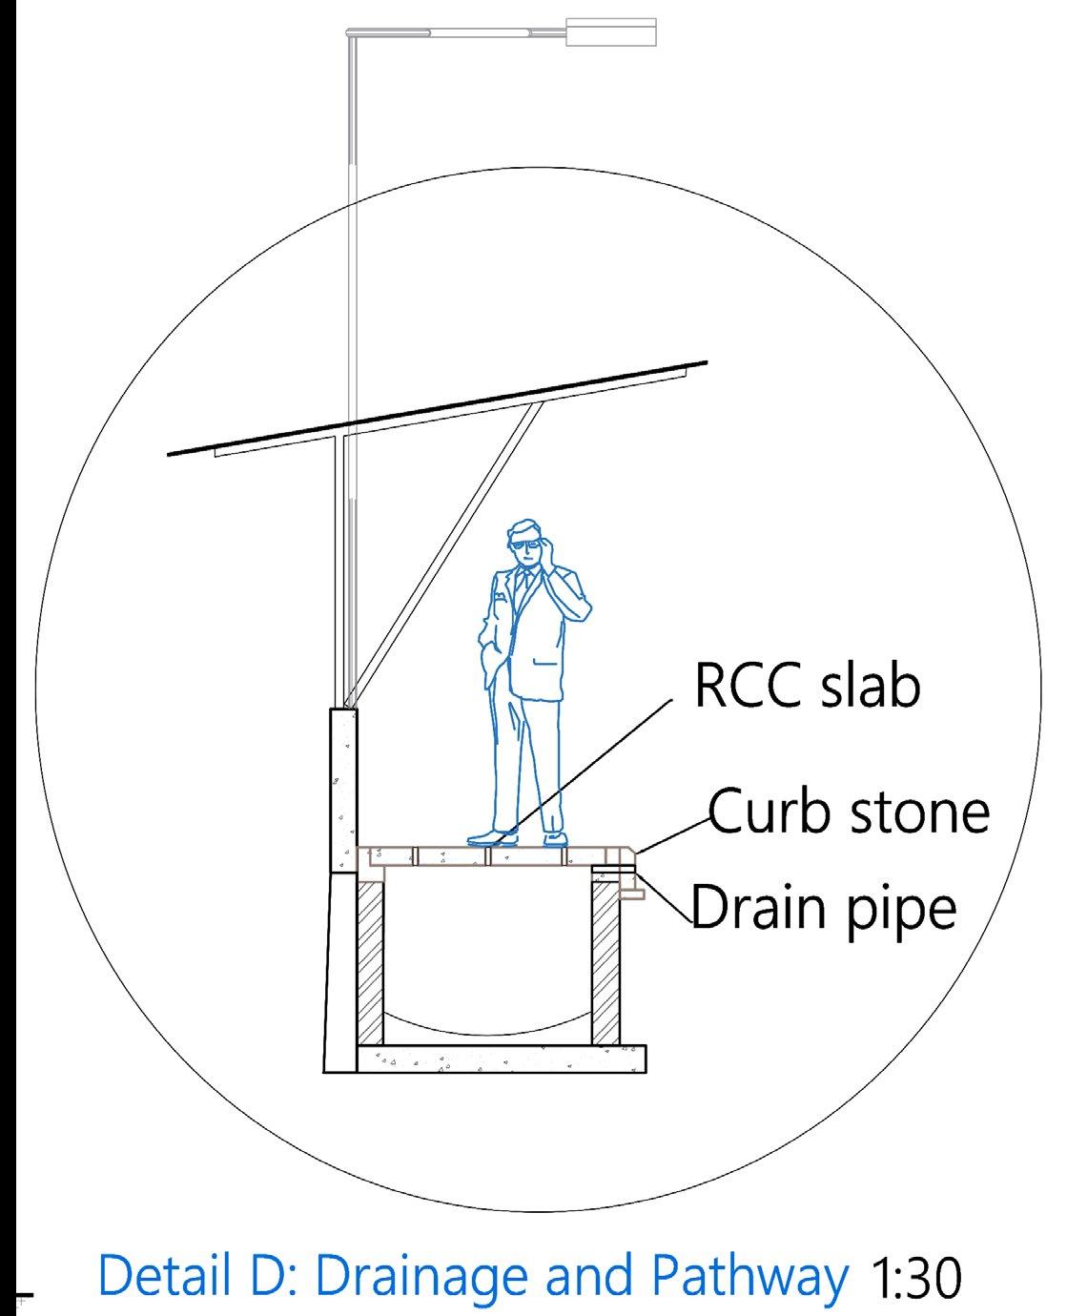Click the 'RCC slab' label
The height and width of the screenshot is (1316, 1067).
807,687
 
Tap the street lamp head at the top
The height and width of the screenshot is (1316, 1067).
611,31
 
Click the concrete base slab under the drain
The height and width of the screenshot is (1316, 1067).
501,1059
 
